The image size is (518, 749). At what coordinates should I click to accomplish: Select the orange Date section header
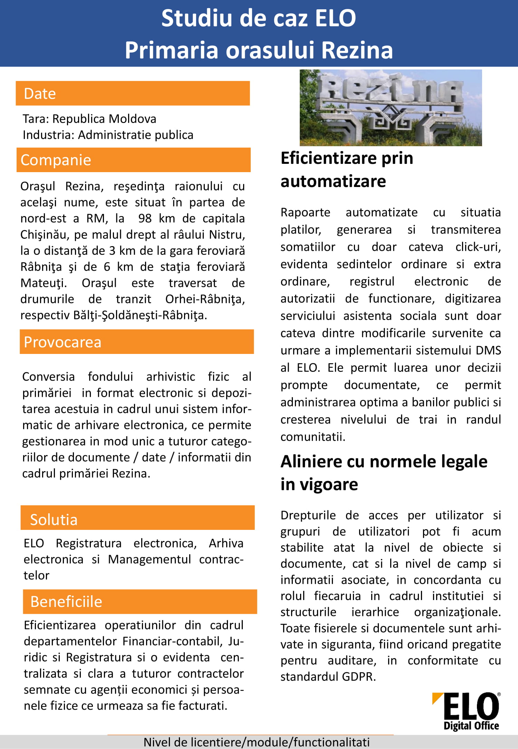(133, 93)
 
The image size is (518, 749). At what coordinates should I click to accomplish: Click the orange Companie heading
(133, 160)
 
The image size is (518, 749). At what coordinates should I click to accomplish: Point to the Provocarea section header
(136, 342)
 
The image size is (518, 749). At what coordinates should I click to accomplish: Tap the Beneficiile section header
(140, 602)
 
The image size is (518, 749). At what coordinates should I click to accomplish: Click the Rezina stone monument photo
(391, 108)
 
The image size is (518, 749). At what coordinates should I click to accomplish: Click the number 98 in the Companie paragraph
(145, 218)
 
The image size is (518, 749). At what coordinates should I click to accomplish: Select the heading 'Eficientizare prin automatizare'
(347, 169)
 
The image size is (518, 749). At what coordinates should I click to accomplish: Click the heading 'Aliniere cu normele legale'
(384, 462)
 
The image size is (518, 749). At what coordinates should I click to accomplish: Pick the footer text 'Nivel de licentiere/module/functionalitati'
(257, 742)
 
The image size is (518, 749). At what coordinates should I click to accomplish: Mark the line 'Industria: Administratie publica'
(108, 135)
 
